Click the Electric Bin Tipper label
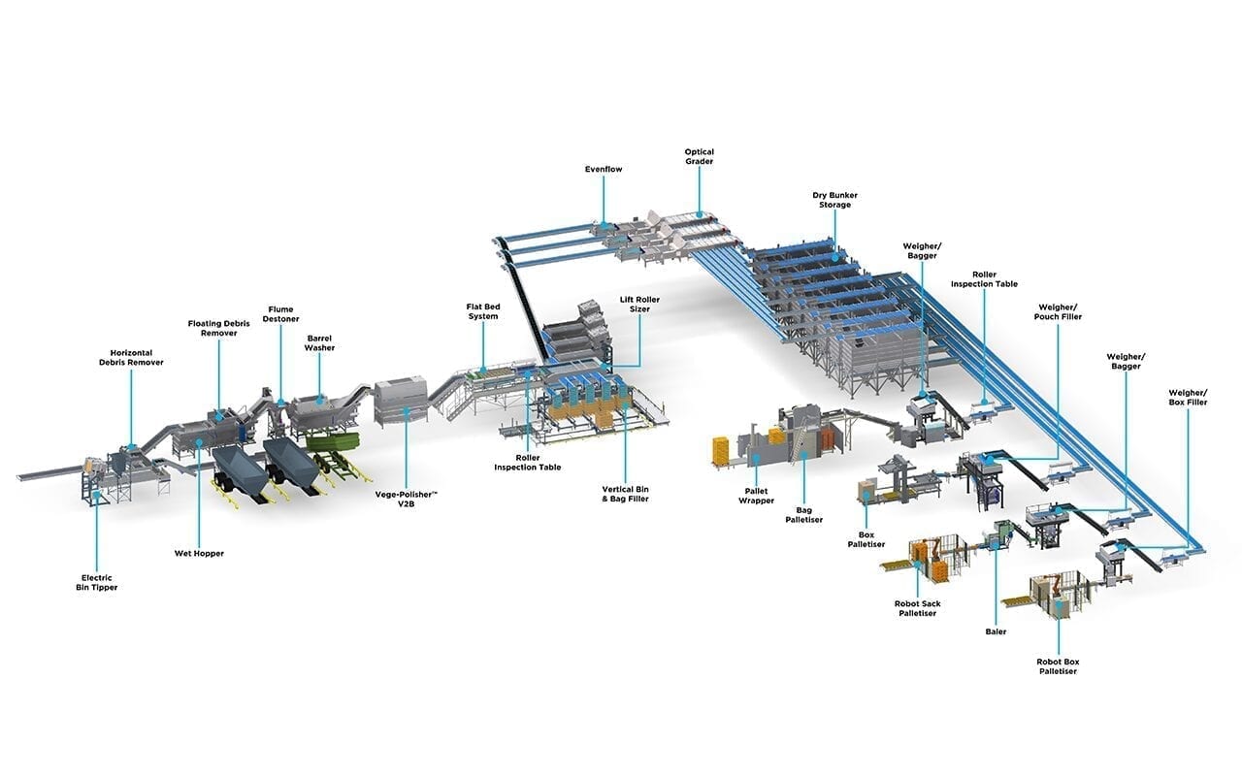[97, 583]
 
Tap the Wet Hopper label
[199, 553]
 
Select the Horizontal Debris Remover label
[131, 358]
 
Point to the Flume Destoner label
[280, 314]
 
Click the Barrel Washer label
[319, 343]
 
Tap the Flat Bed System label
[483, 311]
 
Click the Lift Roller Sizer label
[639, 305]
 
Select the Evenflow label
[604, 169]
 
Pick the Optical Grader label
[700, 156]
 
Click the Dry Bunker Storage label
[835, 200]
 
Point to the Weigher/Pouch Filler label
[1058, 312]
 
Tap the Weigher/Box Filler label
[1188, 398]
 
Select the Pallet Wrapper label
[756, 496]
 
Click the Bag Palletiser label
[804, 515]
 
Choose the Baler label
[996, 631]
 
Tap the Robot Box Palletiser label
[1058, 666]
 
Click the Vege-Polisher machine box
[402, 401]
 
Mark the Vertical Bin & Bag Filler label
[626, 494]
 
